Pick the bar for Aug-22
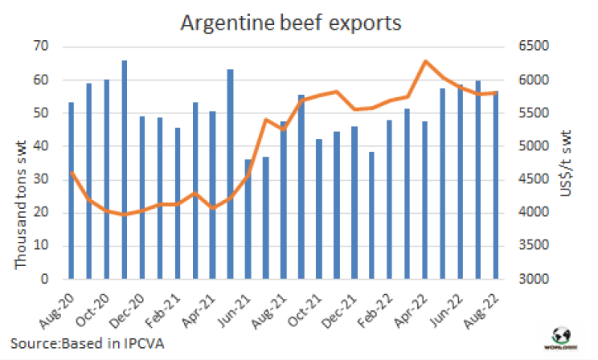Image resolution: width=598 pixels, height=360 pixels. point(495,186)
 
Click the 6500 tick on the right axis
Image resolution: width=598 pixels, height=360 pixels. point(529,47)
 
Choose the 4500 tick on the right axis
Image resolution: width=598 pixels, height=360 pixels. point(529,180)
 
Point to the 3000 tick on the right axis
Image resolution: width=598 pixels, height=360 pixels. point(529,280)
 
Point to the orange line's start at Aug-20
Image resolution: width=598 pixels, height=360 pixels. point(72,173)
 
